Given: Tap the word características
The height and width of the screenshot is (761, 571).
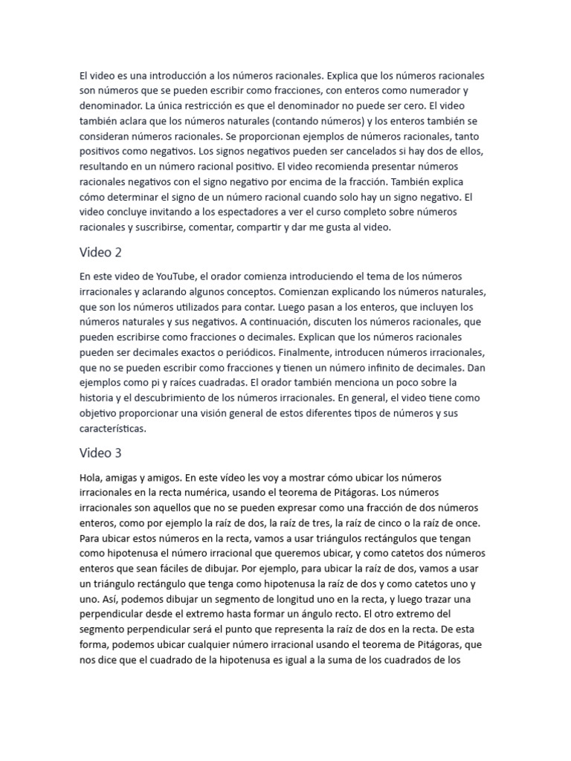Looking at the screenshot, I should (114, 428).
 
